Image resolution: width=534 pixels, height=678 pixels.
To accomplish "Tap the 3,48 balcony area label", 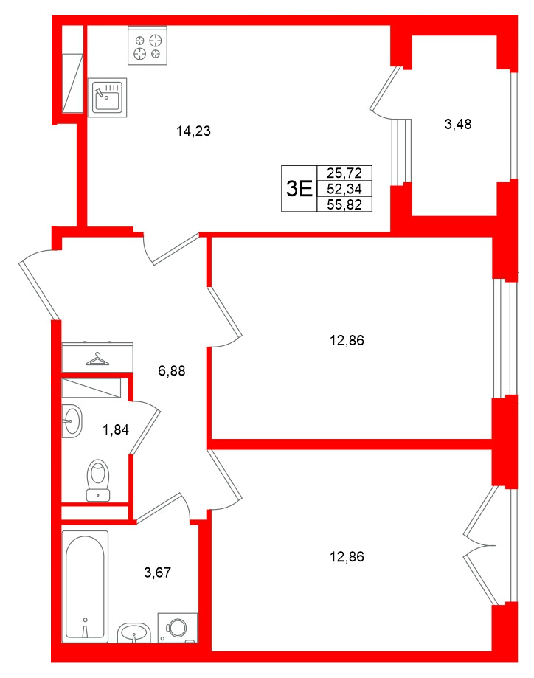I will point(457,125).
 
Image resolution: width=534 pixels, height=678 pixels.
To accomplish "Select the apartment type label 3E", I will point(299,189).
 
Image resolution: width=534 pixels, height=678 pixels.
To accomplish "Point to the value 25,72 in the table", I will point(344,173).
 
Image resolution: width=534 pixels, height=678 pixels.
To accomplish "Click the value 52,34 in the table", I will point(344,189).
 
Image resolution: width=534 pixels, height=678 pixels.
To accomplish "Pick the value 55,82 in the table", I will point(344,204).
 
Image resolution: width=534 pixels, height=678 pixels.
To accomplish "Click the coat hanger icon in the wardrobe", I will point(97,359).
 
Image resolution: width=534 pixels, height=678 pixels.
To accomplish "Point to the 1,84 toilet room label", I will point(116,430).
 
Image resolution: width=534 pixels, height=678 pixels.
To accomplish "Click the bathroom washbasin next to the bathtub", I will point(134,632).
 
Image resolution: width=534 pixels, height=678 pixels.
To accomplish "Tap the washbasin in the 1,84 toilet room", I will point(72,422).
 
